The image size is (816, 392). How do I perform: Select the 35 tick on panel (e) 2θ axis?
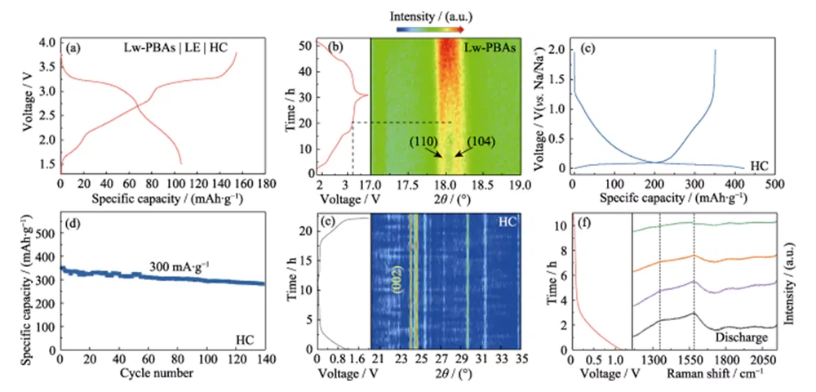tap(521, 360)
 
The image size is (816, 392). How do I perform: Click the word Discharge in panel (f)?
tap(741, 336)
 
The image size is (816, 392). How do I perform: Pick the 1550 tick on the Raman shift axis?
tap(694, 360)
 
